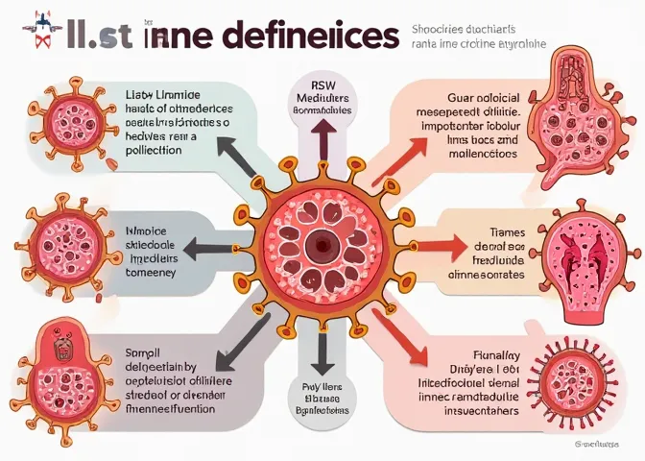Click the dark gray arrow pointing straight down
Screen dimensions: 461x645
(322, 351)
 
